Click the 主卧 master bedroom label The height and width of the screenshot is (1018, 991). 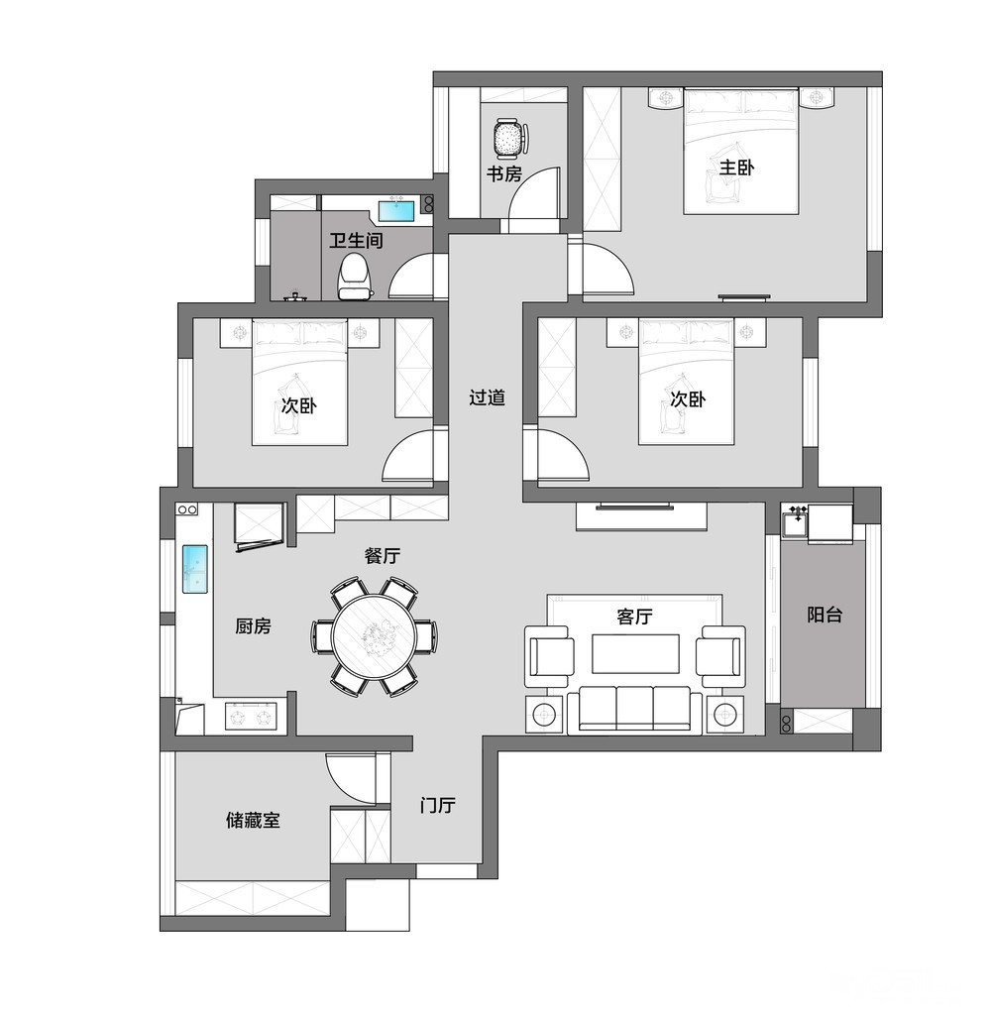point(736,168)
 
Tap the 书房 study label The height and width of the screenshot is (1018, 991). point(504,174)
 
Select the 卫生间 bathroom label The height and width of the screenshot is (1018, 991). point(356,241)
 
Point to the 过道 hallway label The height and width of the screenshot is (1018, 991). point(487,397)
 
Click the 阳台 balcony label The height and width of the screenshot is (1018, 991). point(825,615)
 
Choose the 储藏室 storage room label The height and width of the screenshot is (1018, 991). point(253,821)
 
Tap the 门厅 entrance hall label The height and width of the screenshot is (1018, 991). point(437,806)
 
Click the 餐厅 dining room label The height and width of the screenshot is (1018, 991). point(383,556)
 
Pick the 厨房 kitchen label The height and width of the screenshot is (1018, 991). point(253,626)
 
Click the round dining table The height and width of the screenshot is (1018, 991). point(374,636)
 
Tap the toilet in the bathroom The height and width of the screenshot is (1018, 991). point(355,277)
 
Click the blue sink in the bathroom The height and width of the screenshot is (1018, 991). point(396,212)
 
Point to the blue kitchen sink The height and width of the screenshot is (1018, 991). point(194,569)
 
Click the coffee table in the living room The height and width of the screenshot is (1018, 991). point(635,654)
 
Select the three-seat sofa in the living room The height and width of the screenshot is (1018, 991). point(634,710)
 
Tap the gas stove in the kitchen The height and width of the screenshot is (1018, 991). point(251,718)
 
